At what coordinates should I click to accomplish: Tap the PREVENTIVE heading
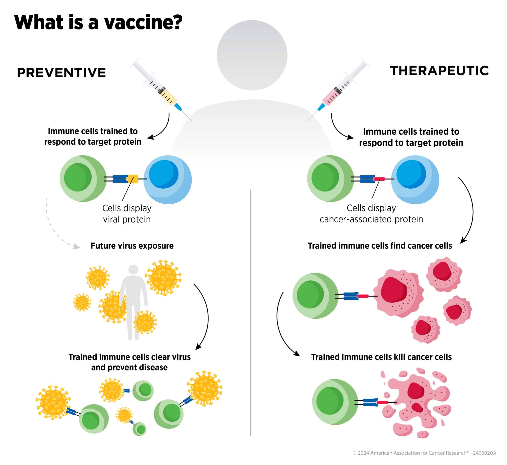coord(61,73)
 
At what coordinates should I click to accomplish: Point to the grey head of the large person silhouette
coord(252,55)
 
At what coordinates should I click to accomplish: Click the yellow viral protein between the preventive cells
coord(133,179)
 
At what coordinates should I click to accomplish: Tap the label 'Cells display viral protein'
coord(127,214)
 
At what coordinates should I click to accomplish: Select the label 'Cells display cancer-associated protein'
coord(371,214)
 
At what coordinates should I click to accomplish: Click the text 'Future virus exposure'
coord(132,246)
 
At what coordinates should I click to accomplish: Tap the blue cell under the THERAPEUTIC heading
coord(415,179)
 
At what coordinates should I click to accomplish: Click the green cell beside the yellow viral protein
coord(83,178)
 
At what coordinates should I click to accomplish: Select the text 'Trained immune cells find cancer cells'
coord(380,246)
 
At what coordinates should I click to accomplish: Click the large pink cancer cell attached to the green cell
coord(398,293)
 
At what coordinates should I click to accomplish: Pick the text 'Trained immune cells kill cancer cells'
coord(381,357)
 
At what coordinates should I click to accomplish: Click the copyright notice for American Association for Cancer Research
coord(424,453)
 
